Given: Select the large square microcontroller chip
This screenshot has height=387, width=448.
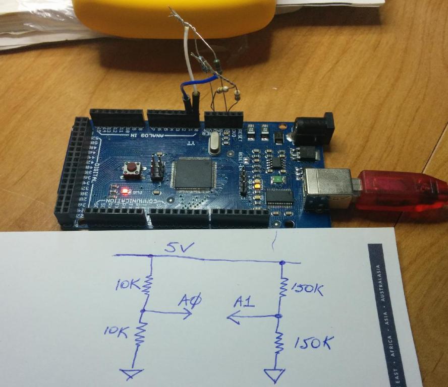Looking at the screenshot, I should click(192, 174).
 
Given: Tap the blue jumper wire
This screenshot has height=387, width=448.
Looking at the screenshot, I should click(199, 83).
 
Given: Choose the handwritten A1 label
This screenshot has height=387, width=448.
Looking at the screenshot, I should click(244, 303).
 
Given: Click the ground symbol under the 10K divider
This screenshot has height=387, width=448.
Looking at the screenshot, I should click(133, 374).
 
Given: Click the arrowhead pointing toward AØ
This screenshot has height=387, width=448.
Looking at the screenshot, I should click(188, 313).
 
